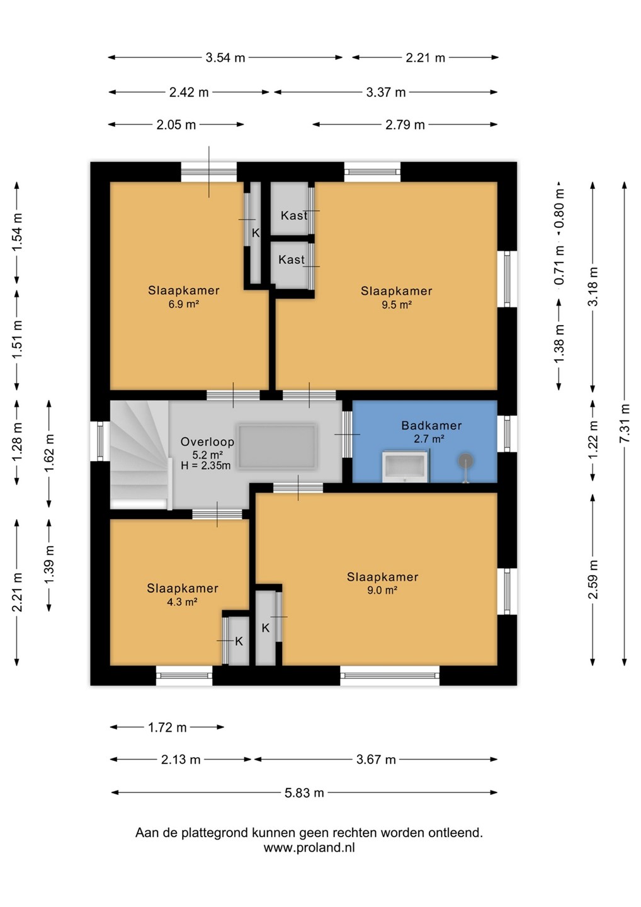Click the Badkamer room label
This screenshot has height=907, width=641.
click(x=431, y=426)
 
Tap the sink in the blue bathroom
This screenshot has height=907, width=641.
click(x=405, y=467)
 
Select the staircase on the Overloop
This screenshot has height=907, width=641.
click(x=140, y=455)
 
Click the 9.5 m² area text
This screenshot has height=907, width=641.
click(x=397, y=305)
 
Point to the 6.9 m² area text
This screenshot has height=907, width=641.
click(x=183, y=304)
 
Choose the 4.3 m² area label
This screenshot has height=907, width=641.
click(x=182, y=602)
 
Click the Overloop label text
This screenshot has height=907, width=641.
click(x=207, y=442)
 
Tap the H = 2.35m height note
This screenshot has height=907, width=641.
click(x=205, y=465)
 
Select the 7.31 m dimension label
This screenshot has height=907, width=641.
click(x=625, y=423)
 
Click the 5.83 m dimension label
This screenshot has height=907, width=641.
click(x=304, y=792)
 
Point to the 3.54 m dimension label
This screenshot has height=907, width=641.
click(x=225, y=57)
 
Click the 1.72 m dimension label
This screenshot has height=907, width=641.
click(x=167, y=727)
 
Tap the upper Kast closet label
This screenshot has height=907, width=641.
click(x=294, y=215)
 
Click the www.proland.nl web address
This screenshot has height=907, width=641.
click(x=309, y=848)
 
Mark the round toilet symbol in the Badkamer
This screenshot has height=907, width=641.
click(x=466, y=462)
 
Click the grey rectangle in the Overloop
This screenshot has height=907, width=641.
click(x=277, y=447)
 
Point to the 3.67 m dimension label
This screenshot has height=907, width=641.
click(x=376, y=760)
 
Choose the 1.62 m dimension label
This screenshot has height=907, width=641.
click(x=49, y=453)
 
